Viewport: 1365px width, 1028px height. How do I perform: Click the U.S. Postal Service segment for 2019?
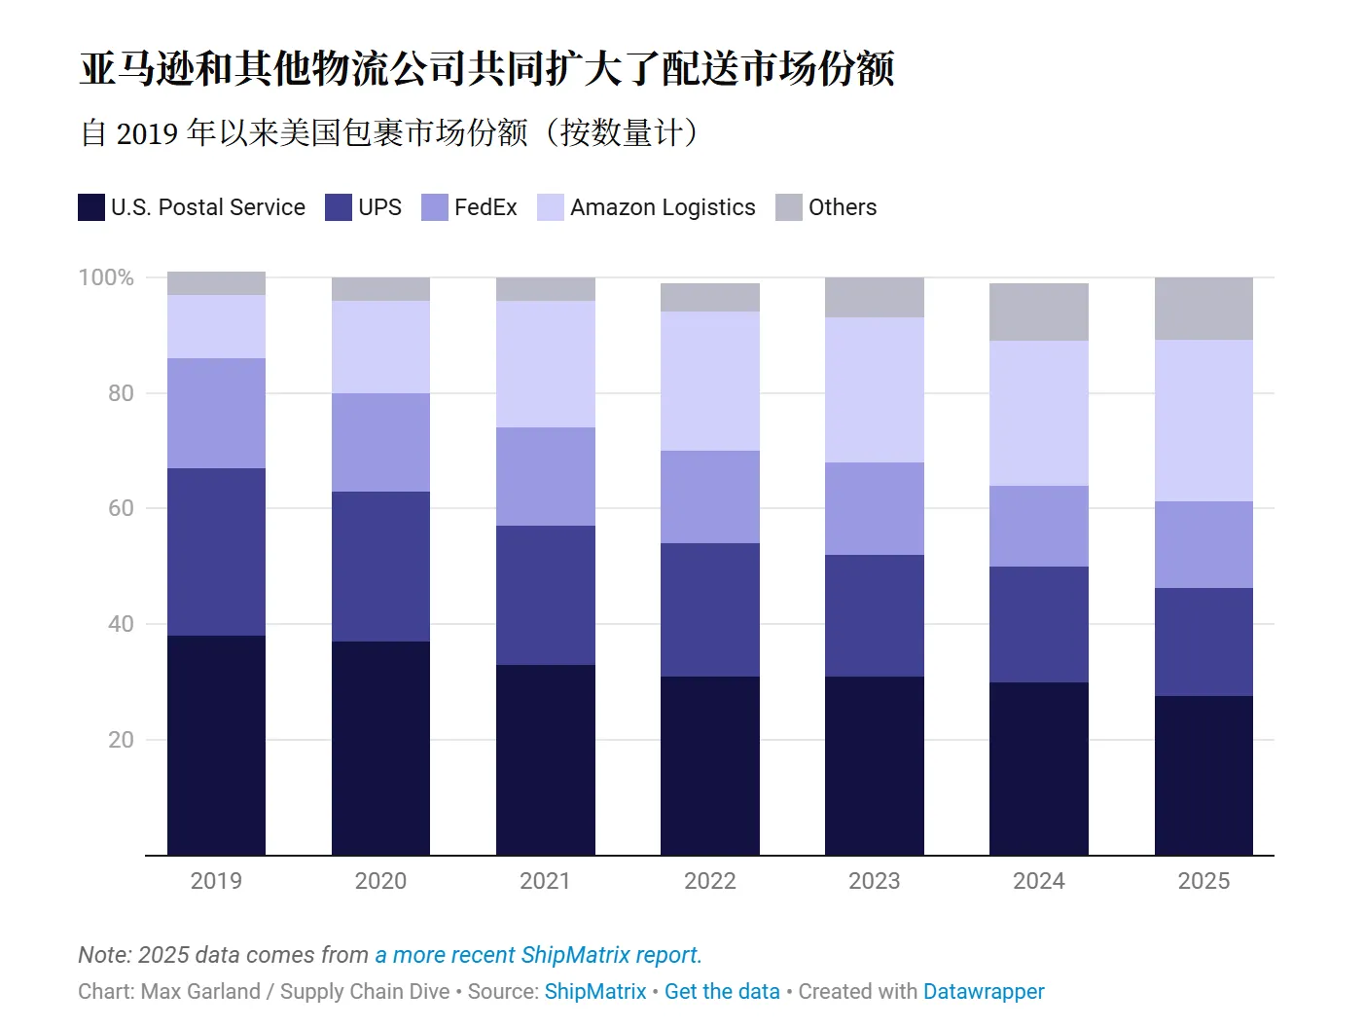(216, 745)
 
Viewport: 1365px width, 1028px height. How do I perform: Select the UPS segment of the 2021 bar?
(545, 595)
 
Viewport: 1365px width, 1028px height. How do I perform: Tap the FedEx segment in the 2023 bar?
(874, 508)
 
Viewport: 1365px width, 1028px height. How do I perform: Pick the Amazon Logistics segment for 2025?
(1203, 421)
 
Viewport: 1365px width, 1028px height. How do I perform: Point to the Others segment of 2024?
(1038, 312)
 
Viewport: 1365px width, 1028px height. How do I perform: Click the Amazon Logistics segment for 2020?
(380, 347)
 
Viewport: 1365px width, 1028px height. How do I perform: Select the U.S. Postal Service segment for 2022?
(709, 765)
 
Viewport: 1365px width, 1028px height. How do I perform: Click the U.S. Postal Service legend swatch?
(91, 207)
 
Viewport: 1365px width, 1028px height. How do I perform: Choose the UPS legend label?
(379, 207)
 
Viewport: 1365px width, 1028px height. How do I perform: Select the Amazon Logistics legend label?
(663, 207)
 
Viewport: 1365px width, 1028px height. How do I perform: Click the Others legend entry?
(843, 207)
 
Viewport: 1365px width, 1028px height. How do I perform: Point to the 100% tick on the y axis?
(106, 277)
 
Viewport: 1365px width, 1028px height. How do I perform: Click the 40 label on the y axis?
(121, 624)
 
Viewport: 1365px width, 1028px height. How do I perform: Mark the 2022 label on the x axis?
(709, 881)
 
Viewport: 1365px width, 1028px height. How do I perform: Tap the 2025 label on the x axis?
(1203, 881)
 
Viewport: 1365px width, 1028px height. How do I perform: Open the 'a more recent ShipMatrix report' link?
(538, 955)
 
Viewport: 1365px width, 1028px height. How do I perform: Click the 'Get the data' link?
(722, 991)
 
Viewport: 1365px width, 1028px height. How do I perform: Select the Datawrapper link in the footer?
(983, 991)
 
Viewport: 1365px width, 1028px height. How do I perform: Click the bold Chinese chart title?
(486, 68)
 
